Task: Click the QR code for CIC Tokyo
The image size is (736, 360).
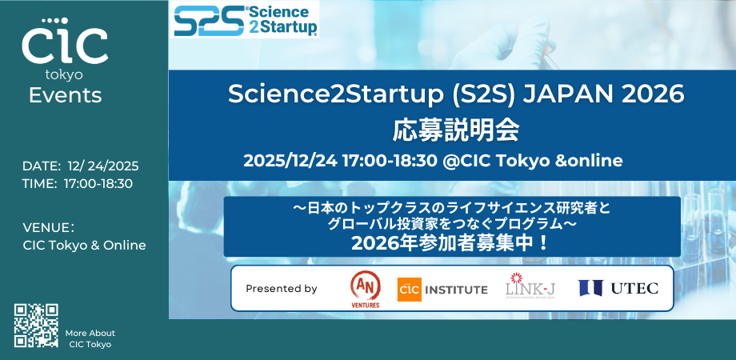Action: [x=37, y=326]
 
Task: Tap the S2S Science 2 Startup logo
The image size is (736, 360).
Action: [x=246, y=20]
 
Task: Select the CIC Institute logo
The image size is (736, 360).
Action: [x=442, y=289]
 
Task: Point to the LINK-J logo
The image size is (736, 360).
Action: [x=530, y=287]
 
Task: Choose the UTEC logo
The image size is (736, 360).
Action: [x=618, y=288]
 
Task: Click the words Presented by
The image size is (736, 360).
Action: [x=281, y=289]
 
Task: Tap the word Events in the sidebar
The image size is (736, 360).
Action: [x=65, y=95]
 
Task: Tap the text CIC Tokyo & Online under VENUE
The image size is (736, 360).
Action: [x=85, y=246]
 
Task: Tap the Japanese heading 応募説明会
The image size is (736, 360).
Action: [x=457, y=127]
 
